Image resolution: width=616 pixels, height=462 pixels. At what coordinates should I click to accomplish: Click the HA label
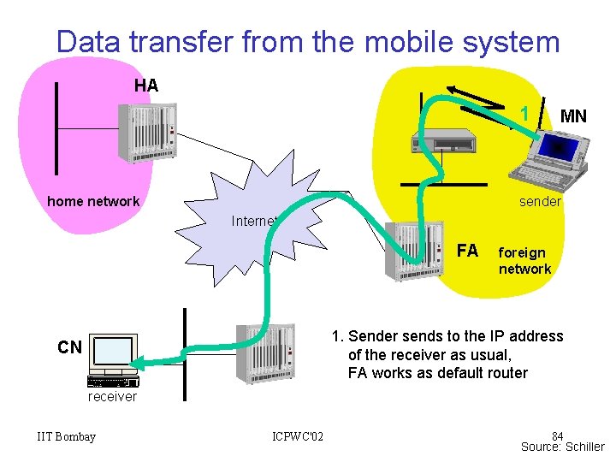point(146,86)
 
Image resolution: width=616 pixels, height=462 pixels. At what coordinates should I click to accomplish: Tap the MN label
point(573,116)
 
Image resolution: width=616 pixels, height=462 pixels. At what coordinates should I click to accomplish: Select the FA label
point(467,251)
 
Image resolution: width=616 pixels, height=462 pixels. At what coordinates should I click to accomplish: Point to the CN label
point(70,347)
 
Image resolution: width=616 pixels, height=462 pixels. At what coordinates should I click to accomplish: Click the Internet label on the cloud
point(254,222)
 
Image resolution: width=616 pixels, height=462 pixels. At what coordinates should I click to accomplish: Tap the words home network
point(93,202)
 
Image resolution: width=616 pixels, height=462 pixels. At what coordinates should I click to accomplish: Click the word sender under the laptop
point(540,202)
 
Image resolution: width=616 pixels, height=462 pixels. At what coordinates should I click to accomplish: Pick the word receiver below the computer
point(112,397)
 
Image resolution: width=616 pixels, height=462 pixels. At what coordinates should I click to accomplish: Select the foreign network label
point(524,261)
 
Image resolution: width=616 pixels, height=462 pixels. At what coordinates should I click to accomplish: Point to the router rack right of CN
point(265,354)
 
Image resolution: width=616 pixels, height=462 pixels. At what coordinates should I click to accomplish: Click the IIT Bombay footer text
point(67,437)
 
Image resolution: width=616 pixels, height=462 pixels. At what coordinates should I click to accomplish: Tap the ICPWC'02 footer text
point(298,437)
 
